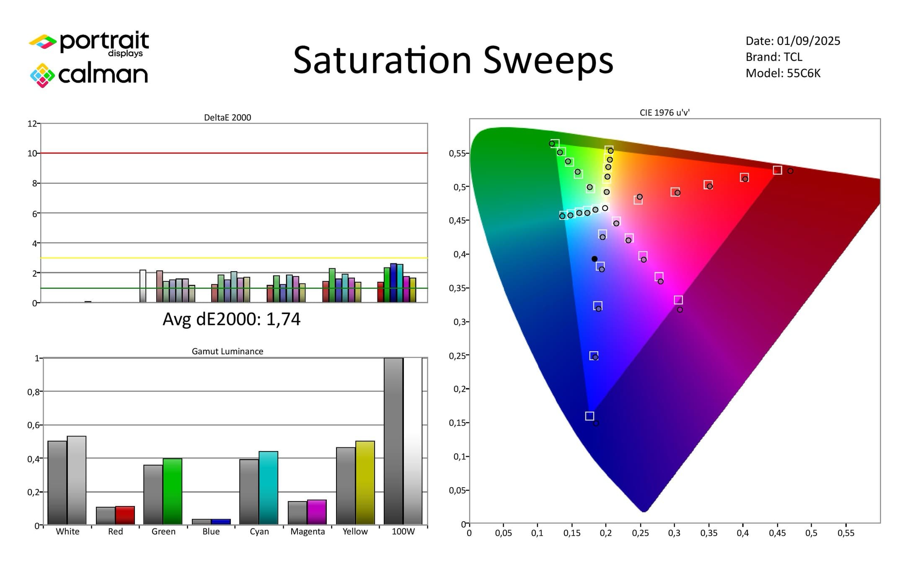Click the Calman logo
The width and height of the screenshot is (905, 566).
click(89, 75)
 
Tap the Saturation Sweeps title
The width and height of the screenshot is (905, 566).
click(453, 60)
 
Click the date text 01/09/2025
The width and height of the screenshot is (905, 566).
click(808, 41)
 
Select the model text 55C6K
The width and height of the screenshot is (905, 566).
click(803, 73)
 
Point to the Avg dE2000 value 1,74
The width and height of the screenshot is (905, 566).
click(283, 319)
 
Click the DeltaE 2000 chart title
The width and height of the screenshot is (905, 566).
click(227, 118)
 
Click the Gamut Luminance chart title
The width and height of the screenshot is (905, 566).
click(227, 351)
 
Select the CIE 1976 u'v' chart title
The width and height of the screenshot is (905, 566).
click(665, 113)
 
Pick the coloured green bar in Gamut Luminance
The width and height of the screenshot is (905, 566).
click(172, 491)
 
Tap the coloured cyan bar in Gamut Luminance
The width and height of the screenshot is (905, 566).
click(268, 488)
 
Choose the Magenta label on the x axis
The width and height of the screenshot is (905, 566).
click(308, 532)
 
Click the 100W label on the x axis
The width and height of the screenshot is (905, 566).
click(403, 532)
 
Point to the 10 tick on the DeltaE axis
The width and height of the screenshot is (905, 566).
click(32, 153)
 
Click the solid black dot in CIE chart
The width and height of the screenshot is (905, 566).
click(595, 259)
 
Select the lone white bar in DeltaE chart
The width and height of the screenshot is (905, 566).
click(143, 286)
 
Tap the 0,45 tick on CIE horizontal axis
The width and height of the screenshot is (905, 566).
click(777, 533)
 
